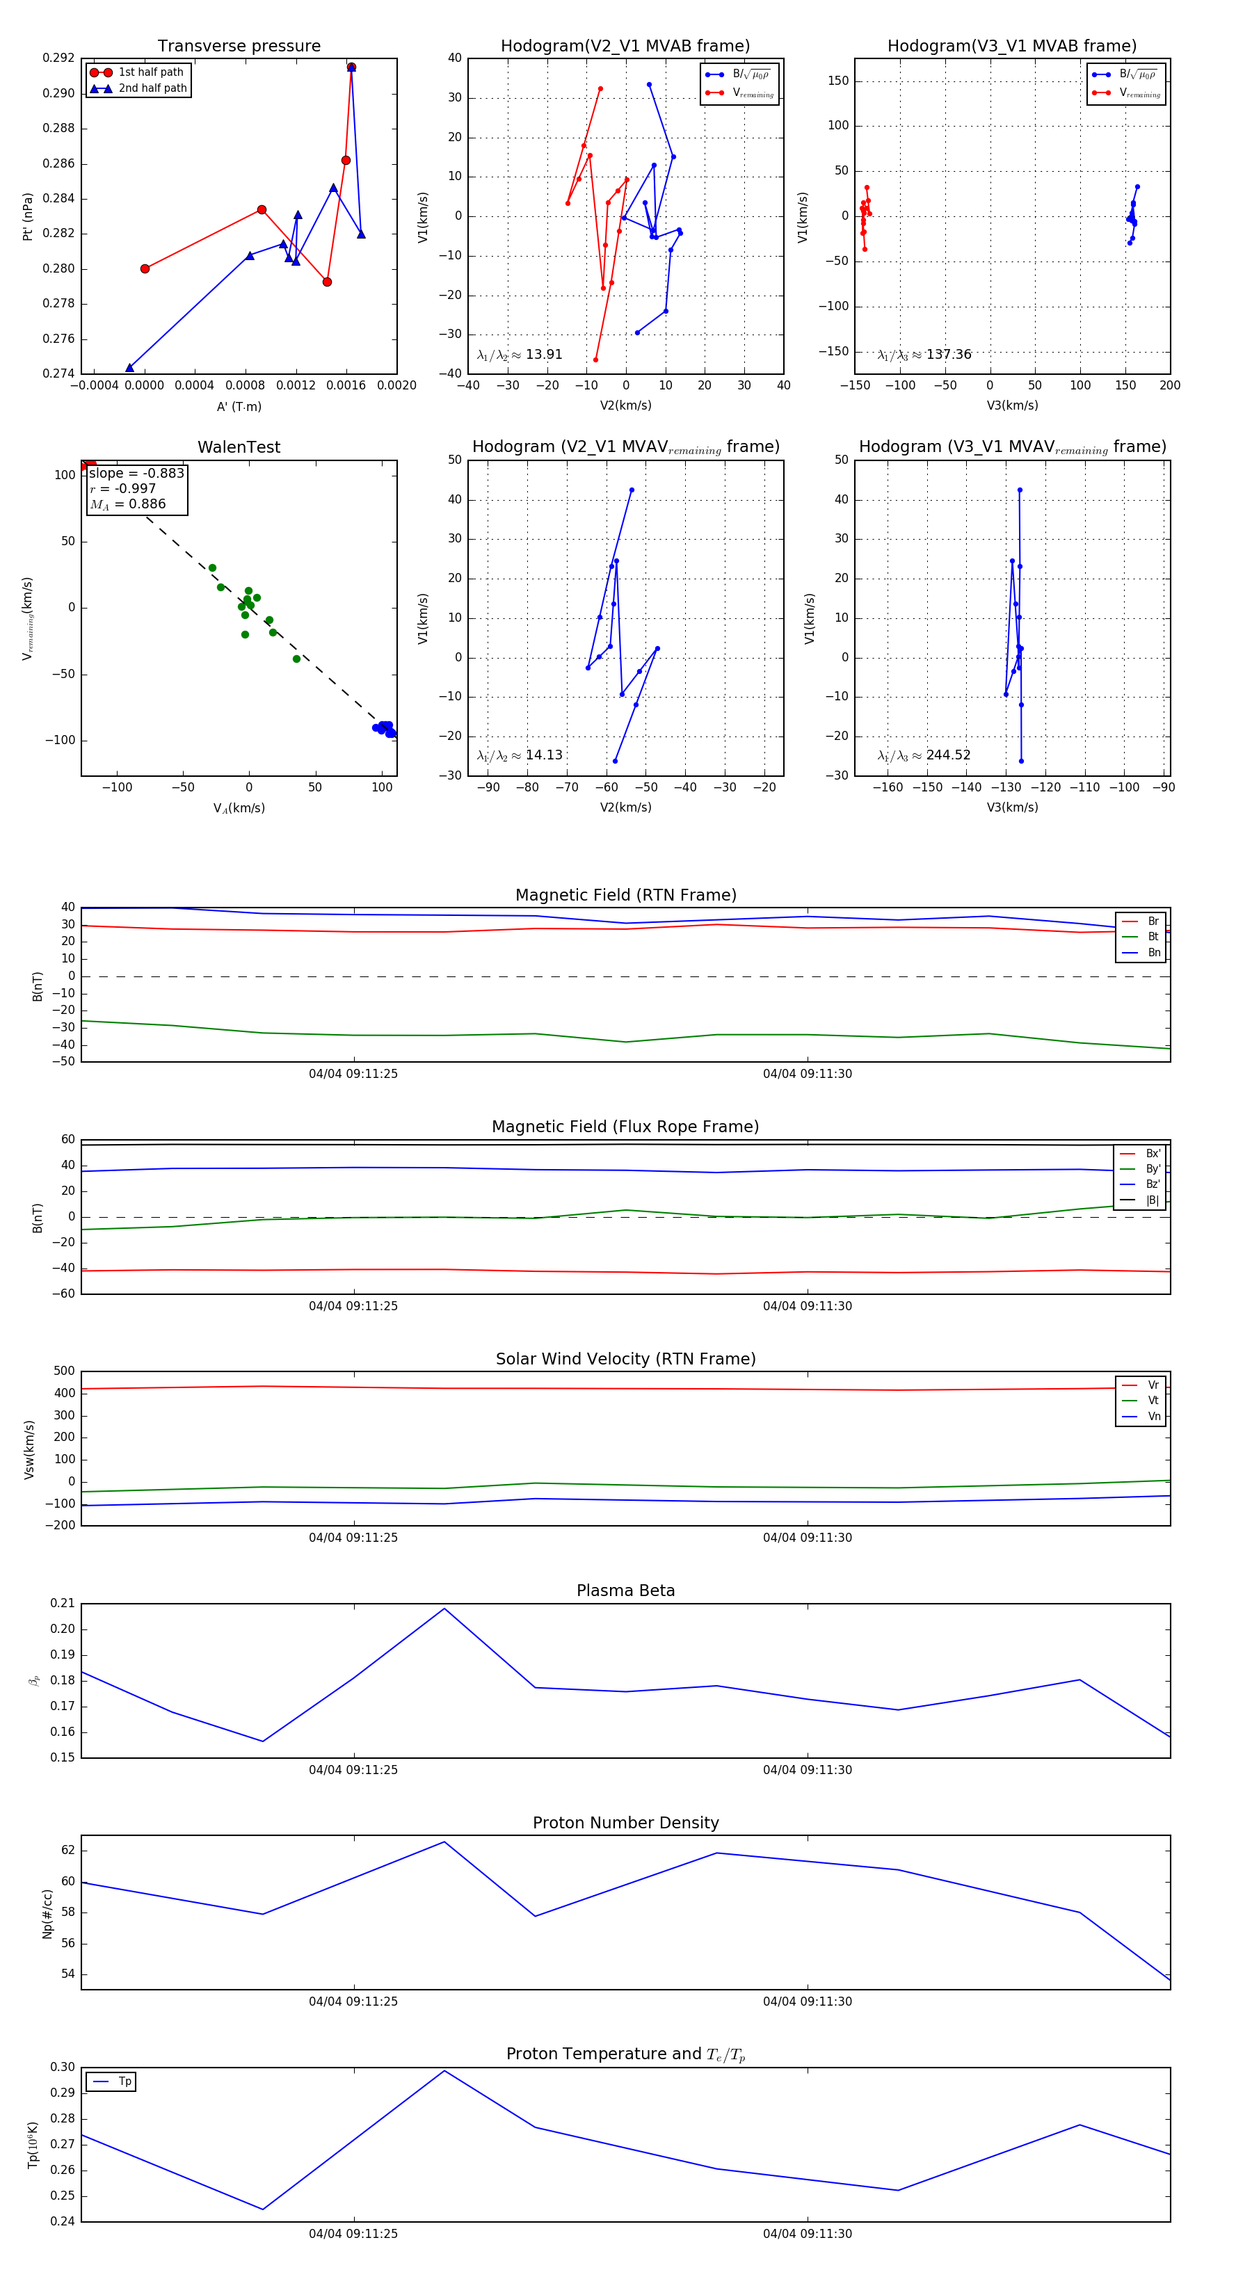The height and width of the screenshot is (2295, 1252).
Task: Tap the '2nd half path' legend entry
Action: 152,88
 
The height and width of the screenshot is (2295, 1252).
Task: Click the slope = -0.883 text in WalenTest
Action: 136,473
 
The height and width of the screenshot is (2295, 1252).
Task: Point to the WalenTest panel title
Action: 239,447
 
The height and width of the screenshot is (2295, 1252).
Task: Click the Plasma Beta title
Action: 625,1591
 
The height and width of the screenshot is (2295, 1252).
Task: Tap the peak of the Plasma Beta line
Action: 444,1608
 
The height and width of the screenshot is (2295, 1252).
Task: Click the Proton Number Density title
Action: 625,1823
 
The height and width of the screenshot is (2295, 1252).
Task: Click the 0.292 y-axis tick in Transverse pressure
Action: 59,58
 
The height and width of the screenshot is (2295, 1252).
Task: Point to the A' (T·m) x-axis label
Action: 239,406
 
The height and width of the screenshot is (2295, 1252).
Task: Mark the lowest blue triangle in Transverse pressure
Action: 129,368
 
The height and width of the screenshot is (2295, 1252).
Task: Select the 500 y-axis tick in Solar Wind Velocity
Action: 64,1371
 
